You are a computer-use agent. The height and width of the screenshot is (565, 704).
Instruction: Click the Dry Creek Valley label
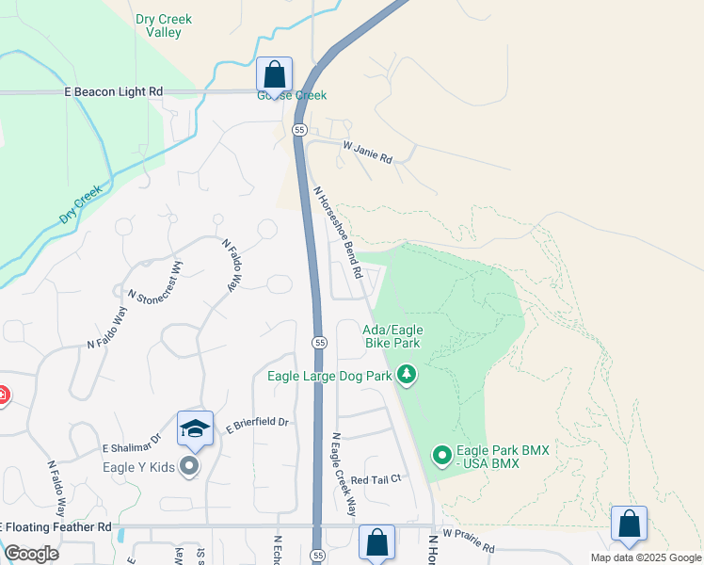point(158,25)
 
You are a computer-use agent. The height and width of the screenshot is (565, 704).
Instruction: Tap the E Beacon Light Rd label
point(114,91)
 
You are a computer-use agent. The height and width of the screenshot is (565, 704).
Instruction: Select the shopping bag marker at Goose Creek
point(274,74)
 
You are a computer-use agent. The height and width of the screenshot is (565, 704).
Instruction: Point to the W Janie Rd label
point(367,153)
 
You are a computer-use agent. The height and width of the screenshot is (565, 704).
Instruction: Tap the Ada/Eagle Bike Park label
point(392,336)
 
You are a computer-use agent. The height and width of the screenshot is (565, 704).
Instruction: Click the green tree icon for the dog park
point(407,376)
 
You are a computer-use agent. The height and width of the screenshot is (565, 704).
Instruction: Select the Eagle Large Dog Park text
point(329,376)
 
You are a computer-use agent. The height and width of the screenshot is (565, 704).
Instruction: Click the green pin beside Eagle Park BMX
point(442,457)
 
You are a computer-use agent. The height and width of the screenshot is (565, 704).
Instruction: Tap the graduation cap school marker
point(195,428)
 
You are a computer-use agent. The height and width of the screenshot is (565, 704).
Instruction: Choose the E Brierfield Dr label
point(256,424)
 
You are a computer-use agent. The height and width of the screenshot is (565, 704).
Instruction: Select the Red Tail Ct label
point(376,479)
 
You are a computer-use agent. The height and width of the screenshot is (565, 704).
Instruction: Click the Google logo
point(32,554)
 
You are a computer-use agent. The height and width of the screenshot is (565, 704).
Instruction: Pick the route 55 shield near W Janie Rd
point(299,129)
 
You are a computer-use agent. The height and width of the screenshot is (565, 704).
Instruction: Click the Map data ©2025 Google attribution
point(645,557)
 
